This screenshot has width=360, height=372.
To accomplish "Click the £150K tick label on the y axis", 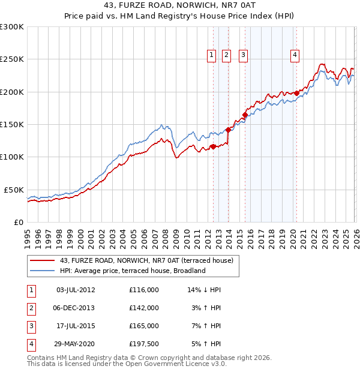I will coord(12,125).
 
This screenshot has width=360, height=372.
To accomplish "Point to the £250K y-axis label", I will coord(12,59).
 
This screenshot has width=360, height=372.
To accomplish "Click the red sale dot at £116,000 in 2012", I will coord(213,146).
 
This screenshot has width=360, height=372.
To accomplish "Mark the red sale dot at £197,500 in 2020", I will coord(296,93).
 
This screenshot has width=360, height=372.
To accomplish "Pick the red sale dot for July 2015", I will coord(245,115).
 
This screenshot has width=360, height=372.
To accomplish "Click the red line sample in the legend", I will coord(42,260).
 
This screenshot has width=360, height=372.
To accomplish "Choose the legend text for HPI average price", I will coord(133,271).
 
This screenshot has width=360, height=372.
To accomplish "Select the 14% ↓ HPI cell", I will coord(204,289).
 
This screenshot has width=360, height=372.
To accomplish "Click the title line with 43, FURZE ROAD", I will coord(179,6).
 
